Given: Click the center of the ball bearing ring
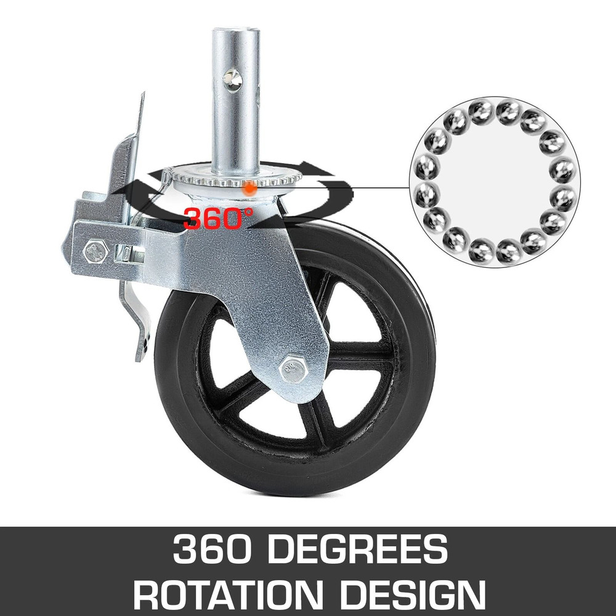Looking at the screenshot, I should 494,182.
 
